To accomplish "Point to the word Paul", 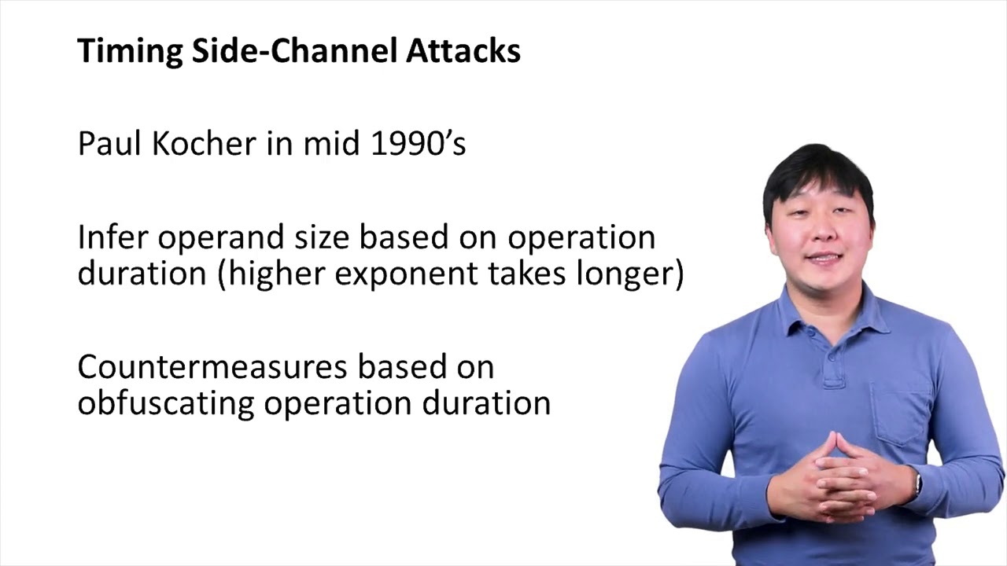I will pyautogui.click(x=106, y=144).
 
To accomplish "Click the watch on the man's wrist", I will pyautogui.click(x=917, y=482).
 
